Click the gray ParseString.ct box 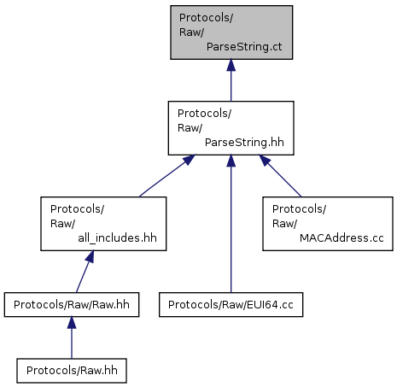tap(231, 32)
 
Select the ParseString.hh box tap(231, 128)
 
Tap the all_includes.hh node tap(103, 224)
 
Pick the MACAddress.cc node tap(328, 224)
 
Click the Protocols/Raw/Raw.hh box tap(72, 305)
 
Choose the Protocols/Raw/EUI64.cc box tap(231, 305)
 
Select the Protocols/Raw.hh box tap(72, 371)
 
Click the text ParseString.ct tap(244, 47)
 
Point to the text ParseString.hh tap(244, 143)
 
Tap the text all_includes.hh tap(117, 238)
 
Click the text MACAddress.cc tap(342, 238)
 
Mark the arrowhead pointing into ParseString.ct tap(231, 65)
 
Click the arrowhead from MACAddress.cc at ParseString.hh tap(265, 161)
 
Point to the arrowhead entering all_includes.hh tap(90, 256)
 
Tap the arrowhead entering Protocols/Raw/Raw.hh tap(72, 323)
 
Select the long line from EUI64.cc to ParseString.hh tap(231, 224)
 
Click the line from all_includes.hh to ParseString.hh tap(167, 176)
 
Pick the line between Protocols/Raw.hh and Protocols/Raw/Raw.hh tap(72, 337)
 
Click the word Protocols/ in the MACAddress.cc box tap(299, 209)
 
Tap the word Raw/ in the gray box tap(191, 32)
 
